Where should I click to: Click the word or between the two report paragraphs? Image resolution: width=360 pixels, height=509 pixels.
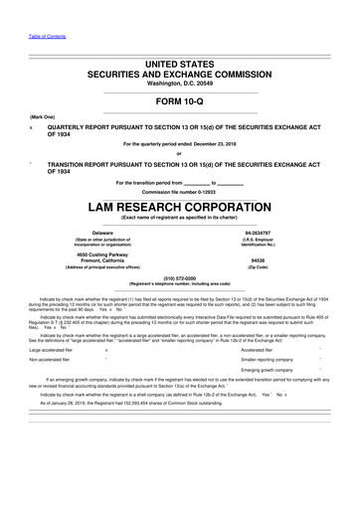coord(179,153)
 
